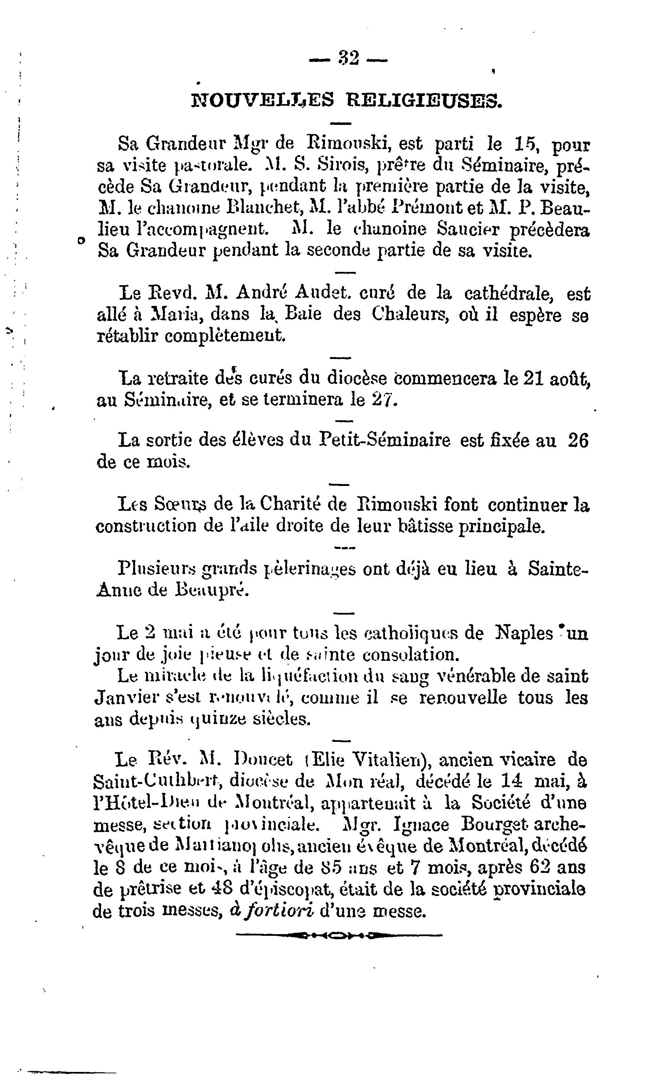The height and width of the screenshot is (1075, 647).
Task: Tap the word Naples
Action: pos(524,633)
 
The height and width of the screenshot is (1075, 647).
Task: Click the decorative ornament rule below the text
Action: pos(339,935)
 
